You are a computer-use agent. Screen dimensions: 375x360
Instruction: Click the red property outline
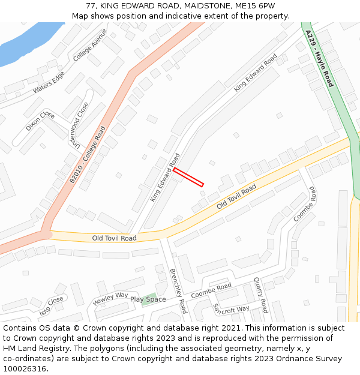pos(188,178)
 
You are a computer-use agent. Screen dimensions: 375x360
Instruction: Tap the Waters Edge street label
pos(49,82)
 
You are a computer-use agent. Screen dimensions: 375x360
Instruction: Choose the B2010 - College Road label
pos(87,155)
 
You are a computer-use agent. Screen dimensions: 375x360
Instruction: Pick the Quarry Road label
pos(260,295)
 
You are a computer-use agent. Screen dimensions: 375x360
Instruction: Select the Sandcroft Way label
pos(231,308)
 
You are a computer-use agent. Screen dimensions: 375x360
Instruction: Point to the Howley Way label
pos(110,298)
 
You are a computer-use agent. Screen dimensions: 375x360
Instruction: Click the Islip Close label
pos(51,307)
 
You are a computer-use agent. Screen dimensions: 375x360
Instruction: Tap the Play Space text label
pos(148,299)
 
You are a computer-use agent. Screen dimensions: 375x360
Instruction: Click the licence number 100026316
pos(24,369)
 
